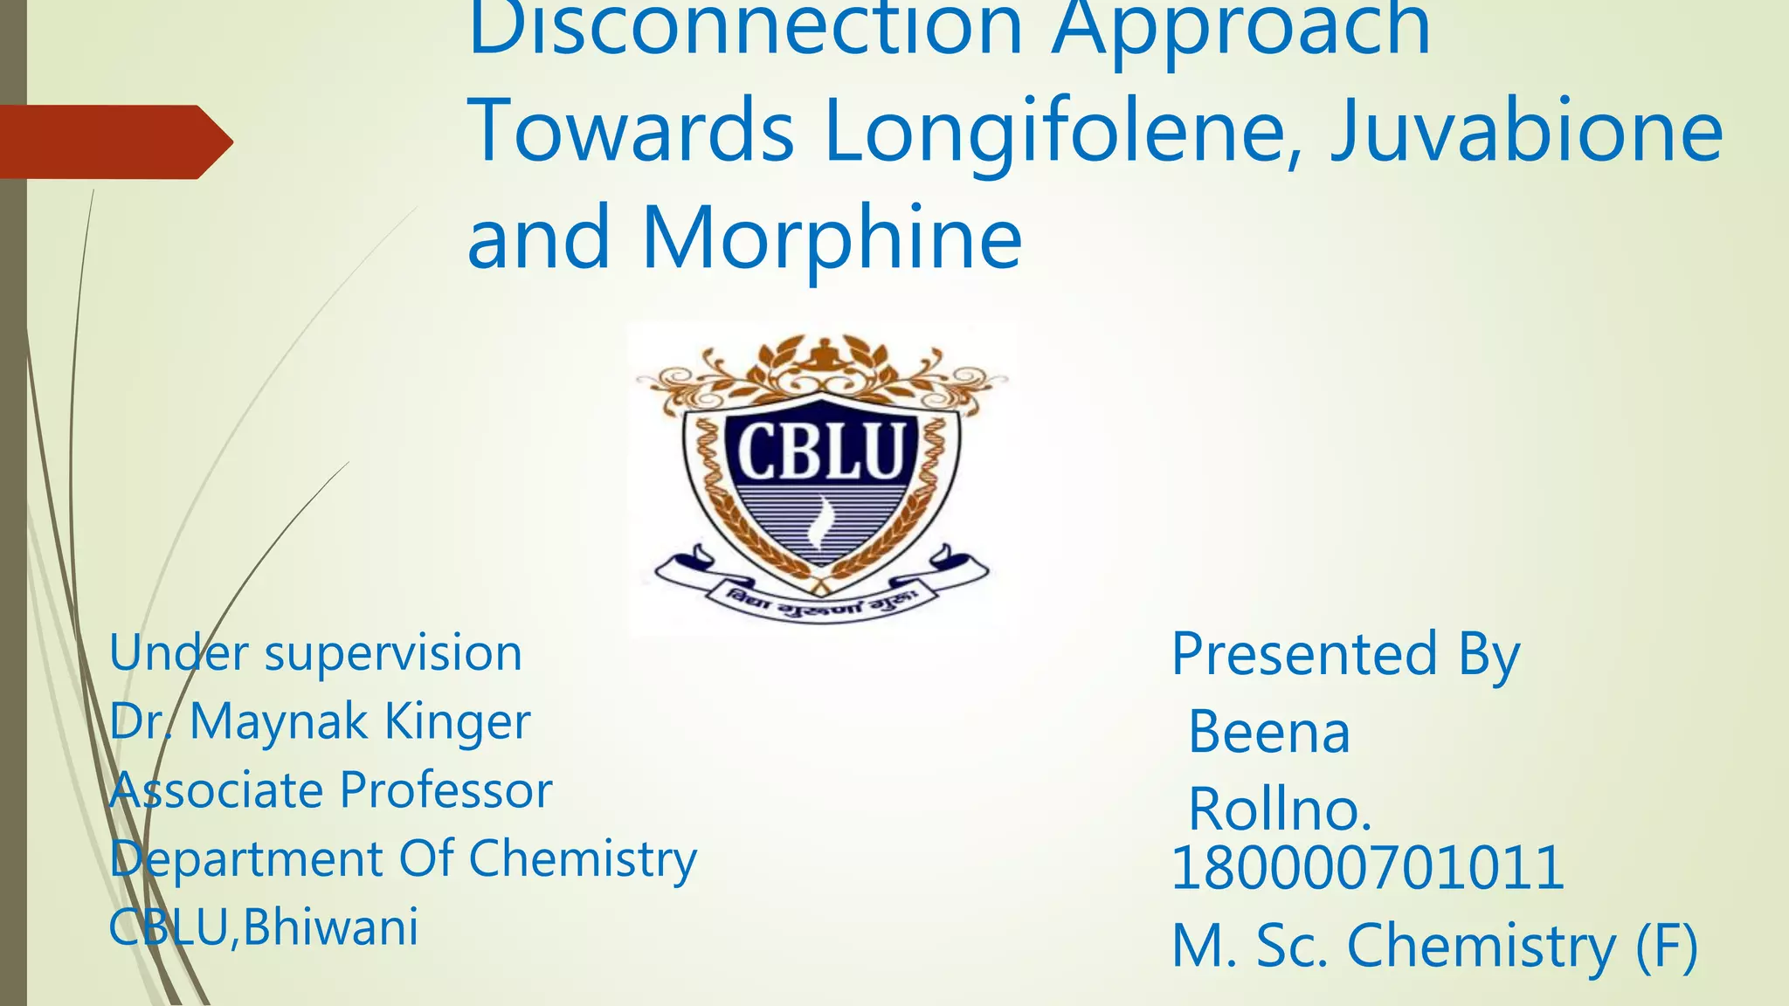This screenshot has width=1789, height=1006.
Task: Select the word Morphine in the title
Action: click(x=832, y=238)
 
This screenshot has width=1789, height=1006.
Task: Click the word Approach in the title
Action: click(x=1240, y=31)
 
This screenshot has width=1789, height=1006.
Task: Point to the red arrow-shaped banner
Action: click(x=114, y=141)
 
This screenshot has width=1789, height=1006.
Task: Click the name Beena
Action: click(x=1268, y=732)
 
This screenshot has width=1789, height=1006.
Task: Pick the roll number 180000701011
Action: click(x=1366, y=869)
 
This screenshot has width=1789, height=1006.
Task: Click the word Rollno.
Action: click(x=1280, y=810)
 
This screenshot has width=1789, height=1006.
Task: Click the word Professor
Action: click(x=446, y=790)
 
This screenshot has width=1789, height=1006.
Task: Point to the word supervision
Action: click(x=393, y=654)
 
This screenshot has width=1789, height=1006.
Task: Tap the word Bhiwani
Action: click(x=331, y=927)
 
